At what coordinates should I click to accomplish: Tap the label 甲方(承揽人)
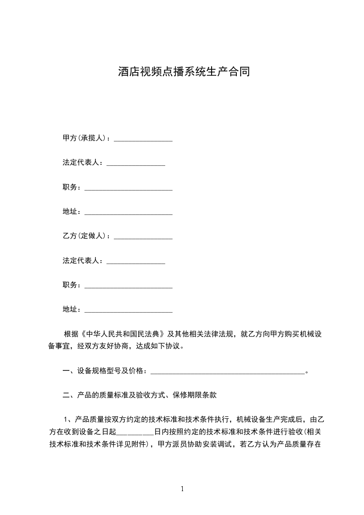[x=86, y=138]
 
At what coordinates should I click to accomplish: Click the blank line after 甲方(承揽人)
[x=143, y=140]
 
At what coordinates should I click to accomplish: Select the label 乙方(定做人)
[x=86, y=236]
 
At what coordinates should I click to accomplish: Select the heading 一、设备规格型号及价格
[x=104, y=371]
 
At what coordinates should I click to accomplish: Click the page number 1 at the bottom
[x=182, y=489]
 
